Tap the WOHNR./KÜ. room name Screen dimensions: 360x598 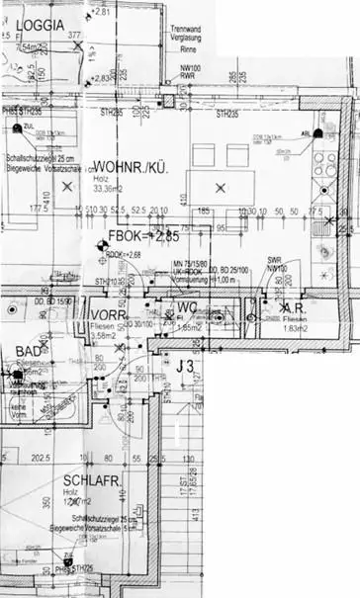pyautogui.click(x=130, y=168)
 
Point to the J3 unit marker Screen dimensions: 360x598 pyautogui.click(x=183, y=369)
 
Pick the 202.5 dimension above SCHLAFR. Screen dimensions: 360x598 pyautogui.click(x=42, y=458)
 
